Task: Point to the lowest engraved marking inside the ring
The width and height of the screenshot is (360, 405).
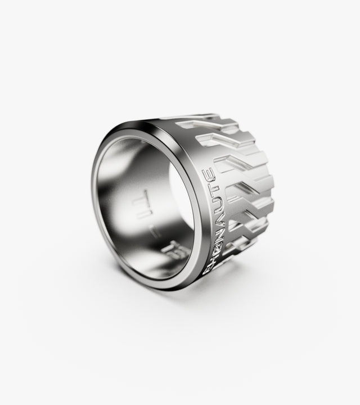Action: pyautogui.click(x=153, y=247)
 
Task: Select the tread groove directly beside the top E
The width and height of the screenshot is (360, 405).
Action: pyautogui.click(x=228, y=166)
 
